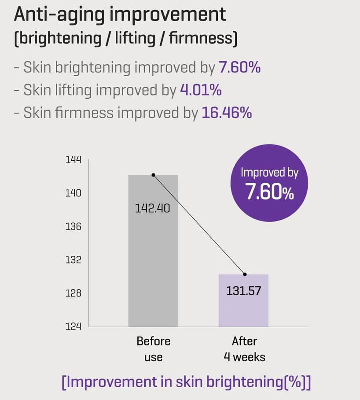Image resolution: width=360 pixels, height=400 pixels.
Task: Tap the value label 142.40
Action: coord(152,208)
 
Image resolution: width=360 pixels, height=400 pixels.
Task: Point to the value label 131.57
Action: coord(243,291)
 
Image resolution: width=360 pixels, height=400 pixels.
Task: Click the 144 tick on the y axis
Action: coord(73,160)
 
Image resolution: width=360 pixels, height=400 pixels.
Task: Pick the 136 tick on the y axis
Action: coord(73,226)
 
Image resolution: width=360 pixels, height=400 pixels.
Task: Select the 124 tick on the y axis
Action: coord(73,326)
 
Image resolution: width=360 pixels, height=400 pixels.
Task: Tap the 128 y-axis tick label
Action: coord(73,293)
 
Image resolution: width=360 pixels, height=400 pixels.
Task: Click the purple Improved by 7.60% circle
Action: coord(269,183)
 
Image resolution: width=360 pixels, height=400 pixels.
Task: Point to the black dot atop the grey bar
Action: coord(153,175)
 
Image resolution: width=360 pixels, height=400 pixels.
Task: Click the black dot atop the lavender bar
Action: coord(245,274)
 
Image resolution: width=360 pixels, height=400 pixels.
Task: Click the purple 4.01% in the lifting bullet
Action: coord(201,90)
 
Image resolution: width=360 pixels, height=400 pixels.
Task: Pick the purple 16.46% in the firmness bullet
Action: coord(227,113)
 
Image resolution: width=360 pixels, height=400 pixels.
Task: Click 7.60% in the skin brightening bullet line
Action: coord(239,68)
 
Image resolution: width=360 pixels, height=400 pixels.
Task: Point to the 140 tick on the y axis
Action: coord(73,193)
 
